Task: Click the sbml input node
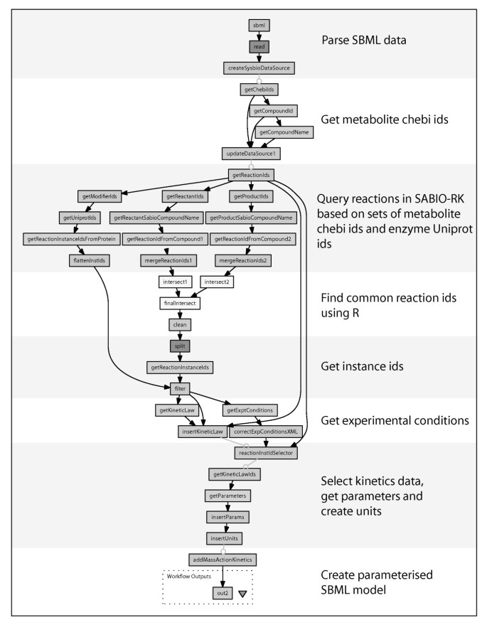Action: click(x=258, y=26)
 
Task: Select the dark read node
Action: click(x=258, y=46)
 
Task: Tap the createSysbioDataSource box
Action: click(x=258, y=68)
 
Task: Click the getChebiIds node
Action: click(x=258, y=90)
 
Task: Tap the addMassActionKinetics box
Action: click(x=223, y=560)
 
